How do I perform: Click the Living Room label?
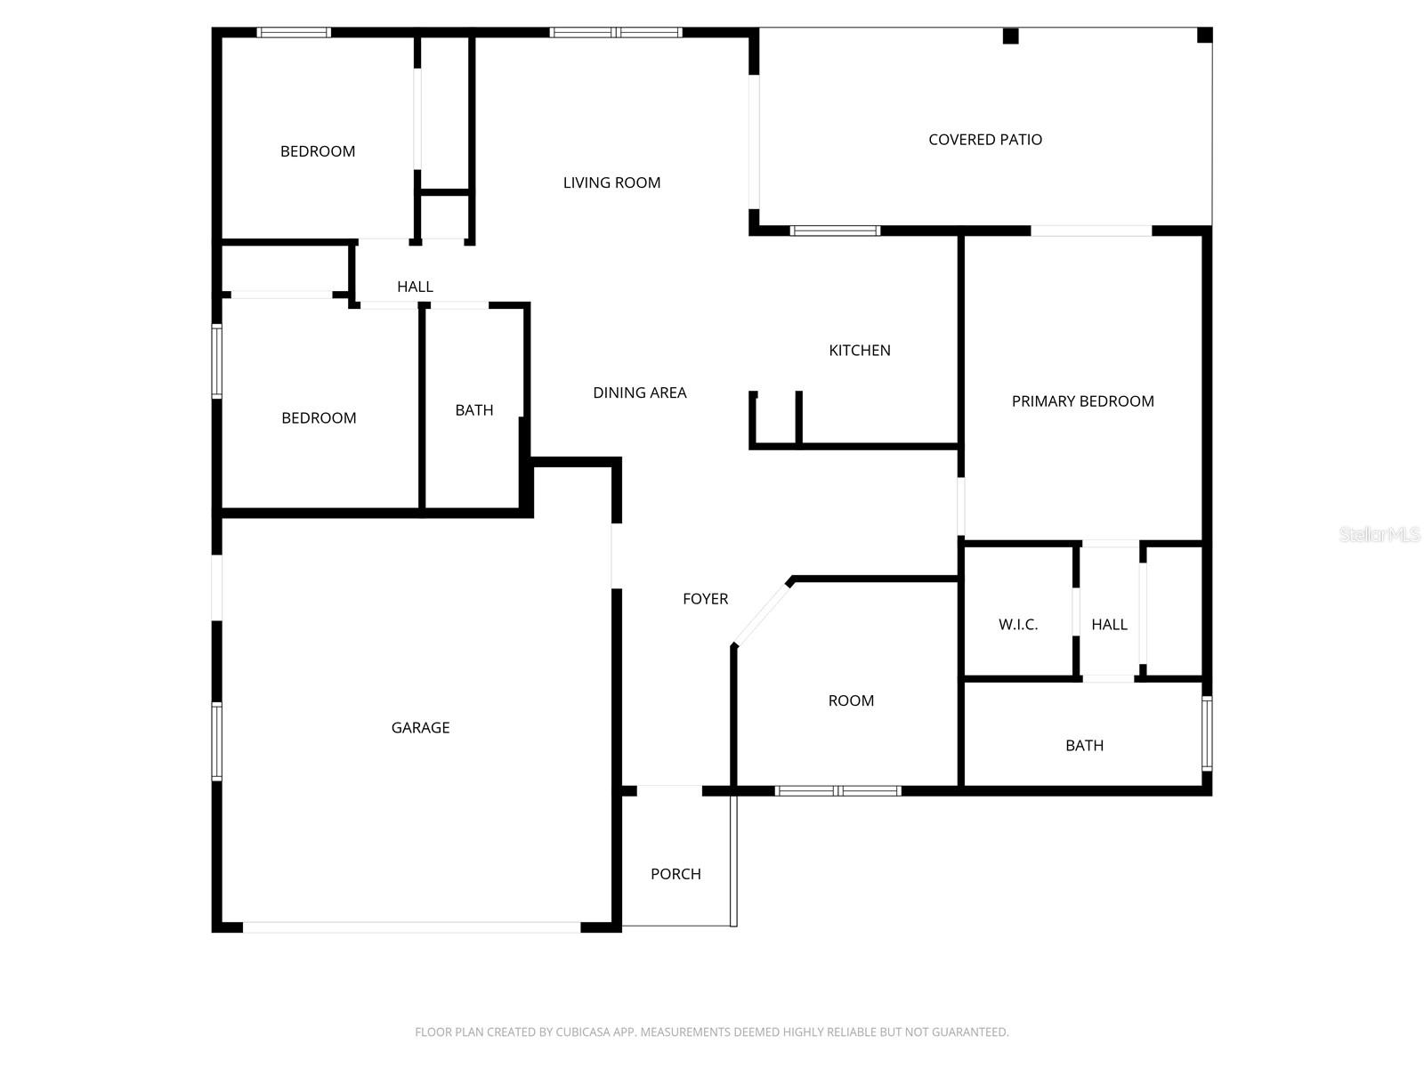click(x=611, y=182)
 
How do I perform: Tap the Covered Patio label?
click(x=985, y=140)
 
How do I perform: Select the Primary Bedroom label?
click(x=1082, y=401)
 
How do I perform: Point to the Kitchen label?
click(x=860, y=351)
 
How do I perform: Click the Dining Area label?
click(x=640, y=392)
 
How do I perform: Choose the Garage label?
click(x=420, y=728)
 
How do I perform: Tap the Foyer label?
click(x=705, y=599)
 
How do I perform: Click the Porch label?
click(x=676, y=874)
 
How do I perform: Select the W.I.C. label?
click(x=1018, y=625)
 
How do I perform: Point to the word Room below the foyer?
click(x=851, y=700)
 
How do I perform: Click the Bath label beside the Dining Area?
click(x=474, y=410)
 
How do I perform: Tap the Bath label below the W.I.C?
click(x=1084, y=746)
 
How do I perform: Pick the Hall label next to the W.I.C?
click(x=1109, y=625)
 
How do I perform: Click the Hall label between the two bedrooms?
click(x=415, y=287)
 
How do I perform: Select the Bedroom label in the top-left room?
click(x=318, y=151)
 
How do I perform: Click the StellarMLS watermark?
click(x=1379, y=535)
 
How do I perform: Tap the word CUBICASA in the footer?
click(x=581, y=1032)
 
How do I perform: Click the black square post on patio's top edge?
click(x=1010, y=36)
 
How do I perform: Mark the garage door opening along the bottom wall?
click(x=411, y=927)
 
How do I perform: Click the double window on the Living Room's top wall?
click(x=616, y=33)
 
